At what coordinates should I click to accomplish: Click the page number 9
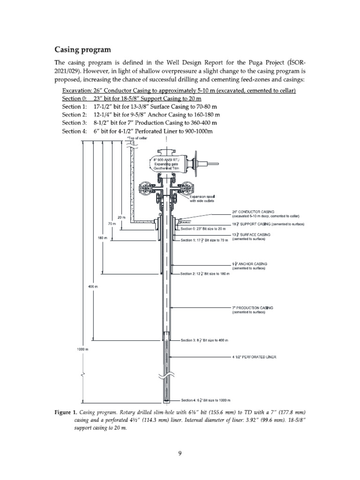(x=180, y=453)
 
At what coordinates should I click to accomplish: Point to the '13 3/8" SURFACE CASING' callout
(x=251, y=234)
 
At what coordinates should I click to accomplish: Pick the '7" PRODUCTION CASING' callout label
(x=253, y=307)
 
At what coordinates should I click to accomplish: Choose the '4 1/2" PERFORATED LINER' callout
(x=254, y=357)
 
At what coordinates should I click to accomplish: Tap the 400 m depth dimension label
(x=93, y=286)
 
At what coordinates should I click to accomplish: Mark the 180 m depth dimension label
(x=102, y=238)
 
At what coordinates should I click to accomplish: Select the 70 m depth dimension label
(x=112, y=224)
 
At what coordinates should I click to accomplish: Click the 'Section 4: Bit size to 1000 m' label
(x=206, y=400)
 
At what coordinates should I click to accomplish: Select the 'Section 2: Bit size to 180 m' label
(x=205, y=273)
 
